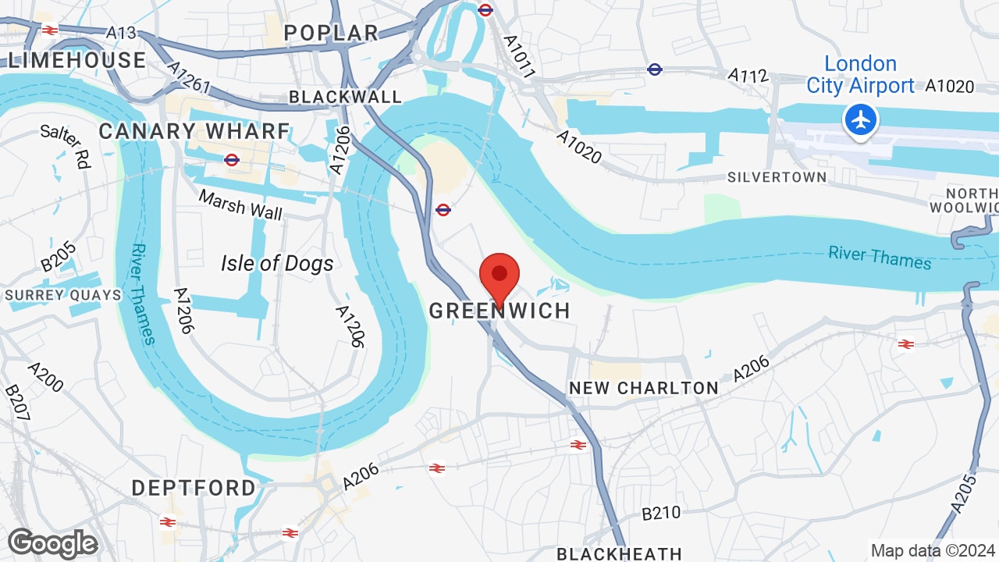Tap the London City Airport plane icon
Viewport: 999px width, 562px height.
click(861, 120)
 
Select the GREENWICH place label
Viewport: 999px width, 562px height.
click(499, 311)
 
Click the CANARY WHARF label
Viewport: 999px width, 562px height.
click(194, 131)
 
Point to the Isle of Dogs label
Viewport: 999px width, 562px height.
click(277, 264)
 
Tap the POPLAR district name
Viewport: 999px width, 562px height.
click(331, 33)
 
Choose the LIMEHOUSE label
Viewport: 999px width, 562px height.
click(76, 60)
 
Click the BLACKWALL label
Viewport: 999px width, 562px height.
click(345, 97)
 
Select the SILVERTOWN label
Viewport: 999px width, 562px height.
click(777, 177)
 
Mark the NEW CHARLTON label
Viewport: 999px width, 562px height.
click(644, 388)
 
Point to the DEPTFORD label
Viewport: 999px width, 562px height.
click(194, 488)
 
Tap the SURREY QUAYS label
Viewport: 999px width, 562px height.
click(63, 295)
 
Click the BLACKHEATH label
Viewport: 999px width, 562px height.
click(619, 553)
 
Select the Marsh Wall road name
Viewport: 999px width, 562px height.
click(240, 205)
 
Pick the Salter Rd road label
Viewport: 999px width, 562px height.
click(66, 146)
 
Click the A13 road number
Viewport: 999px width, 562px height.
click(121, 33)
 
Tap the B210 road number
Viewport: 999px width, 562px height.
click(661, 514)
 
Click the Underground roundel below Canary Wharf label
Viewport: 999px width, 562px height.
click(231, 160)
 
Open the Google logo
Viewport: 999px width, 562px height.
click(53, 543)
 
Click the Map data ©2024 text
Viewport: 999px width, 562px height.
click(932, 550)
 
